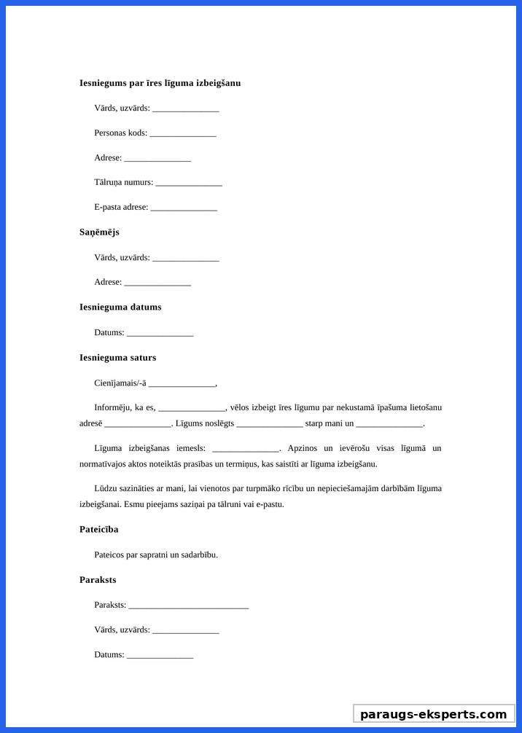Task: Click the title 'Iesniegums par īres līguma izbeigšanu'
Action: click(160, 83)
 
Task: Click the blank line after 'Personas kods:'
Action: click(183, 134)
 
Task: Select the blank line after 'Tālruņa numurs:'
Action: click(189, 184)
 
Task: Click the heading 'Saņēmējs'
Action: click(99, 232)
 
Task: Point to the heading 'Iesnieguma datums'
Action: click(120, 307)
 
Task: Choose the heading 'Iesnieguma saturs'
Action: click(117, 358)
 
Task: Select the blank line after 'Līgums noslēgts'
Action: click(270, 424)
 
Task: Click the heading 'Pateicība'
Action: click(98, 530)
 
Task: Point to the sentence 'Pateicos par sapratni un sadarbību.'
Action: click(156, 554)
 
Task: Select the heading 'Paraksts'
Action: click(98, 580)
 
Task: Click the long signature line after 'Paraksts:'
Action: click(189, 606)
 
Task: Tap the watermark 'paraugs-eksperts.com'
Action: click(434, 714)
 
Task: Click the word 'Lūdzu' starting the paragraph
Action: click(105, 488)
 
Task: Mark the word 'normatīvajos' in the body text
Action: click(103, 464)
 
